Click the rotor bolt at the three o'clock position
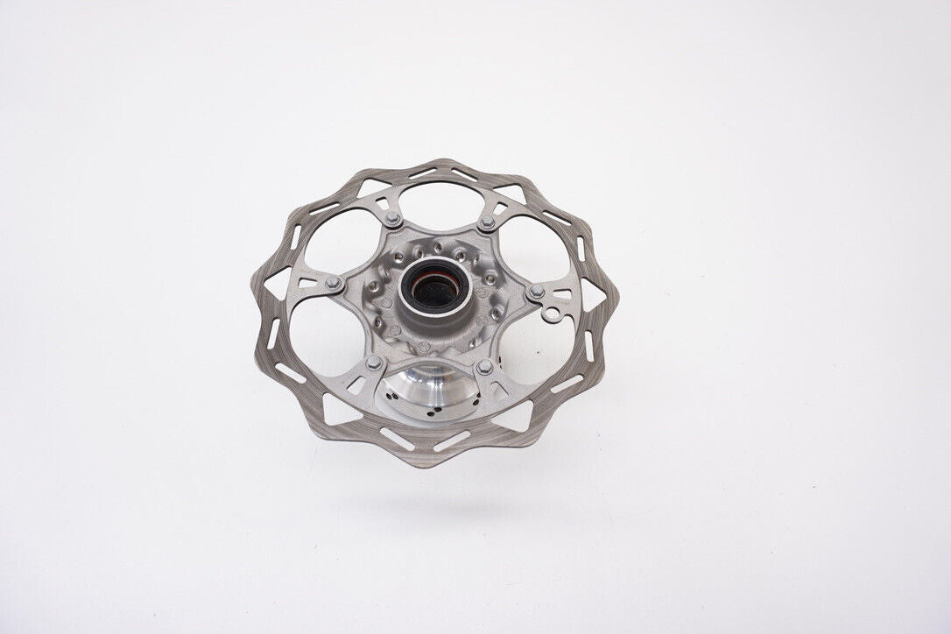pyautogui.click(x=536, y=292)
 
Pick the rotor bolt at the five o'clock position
pyautogui.click(x=483, y=365)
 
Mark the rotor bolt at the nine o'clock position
pyautogui.click(x=333, y=282)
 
